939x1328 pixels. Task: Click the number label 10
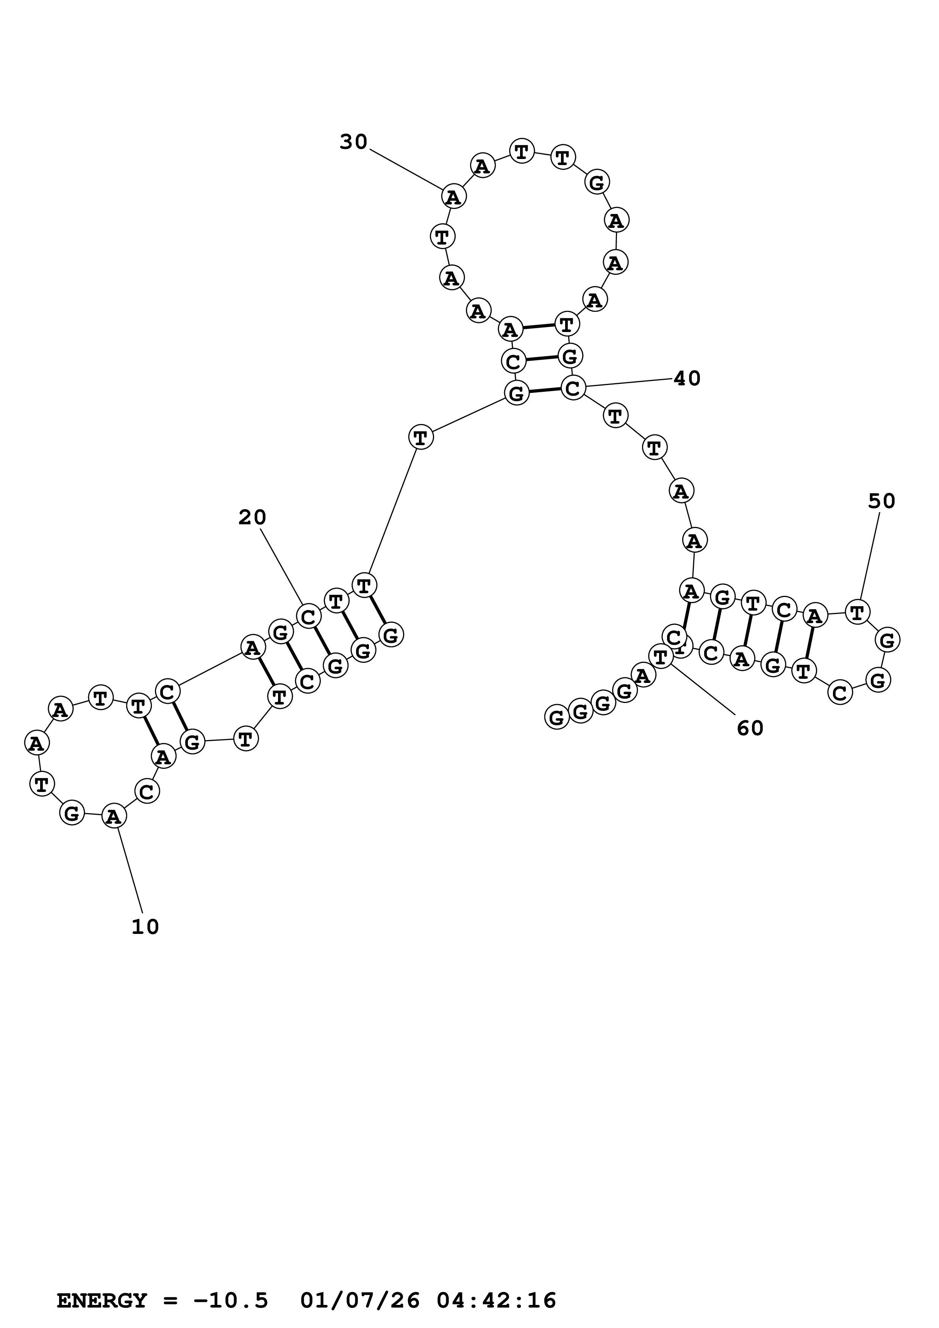pyautogui.click(x=145, y=927)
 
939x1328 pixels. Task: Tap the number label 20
pyautogui.click(x=252, y=517)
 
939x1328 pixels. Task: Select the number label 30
pyautogui.click(x=353, y=142)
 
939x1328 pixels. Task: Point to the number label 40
pyautogui.click(x=687, y=379)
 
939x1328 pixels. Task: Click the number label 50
pyautogui.click(x=882, y=502)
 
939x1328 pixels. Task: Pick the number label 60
pyautogui.click(x=750, y=728)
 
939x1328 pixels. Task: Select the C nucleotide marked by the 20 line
pyautogui.click(x=308, y=617)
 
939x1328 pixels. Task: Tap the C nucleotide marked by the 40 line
pyautogui.click(x=573, y=388)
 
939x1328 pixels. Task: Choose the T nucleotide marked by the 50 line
pyautogui.click(x=858, y=611)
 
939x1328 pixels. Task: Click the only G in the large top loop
pyautogui.click(x=597, y=183)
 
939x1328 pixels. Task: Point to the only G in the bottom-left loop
pyautogui.click(x=72, y=814)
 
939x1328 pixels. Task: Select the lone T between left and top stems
pyautogui.click(x=420, y=437)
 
